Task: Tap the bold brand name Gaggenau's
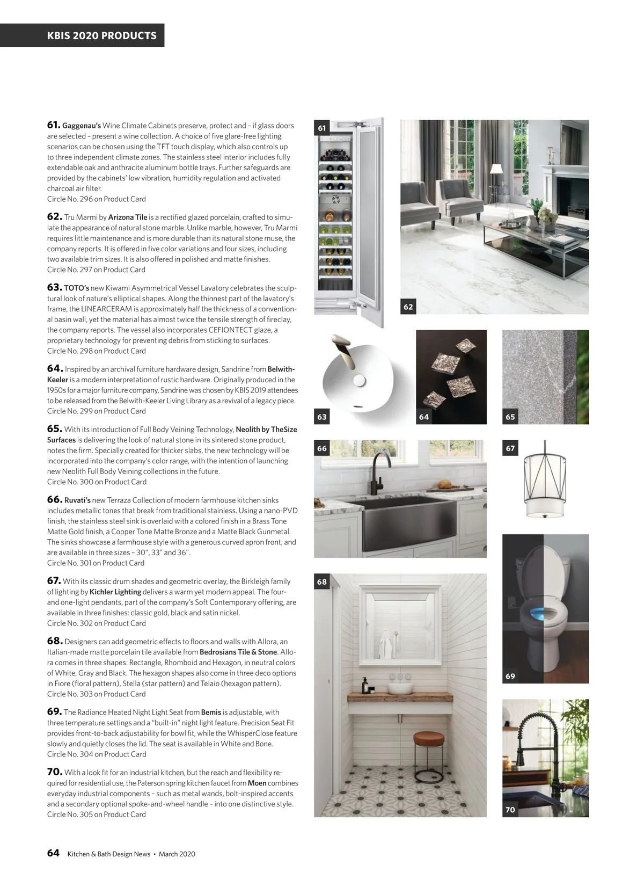tap(82, 126)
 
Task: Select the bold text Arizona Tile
tap(128, 217)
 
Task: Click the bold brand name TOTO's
tap(77, 288)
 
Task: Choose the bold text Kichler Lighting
tap(115, 592)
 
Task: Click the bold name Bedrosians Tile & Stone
tap(238, 652)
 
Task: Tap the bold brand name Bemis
tap(211, 712)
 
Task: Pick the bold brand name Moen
tap(257, 783)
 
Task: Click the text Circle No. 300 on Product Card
tap(97, 482)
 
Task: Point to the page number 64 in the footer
tap(53, 853)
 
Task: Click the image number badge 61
tap(322, 128)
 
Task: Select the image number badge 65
tap(510, 417)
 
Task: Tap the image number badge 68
tap(322, 581)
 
